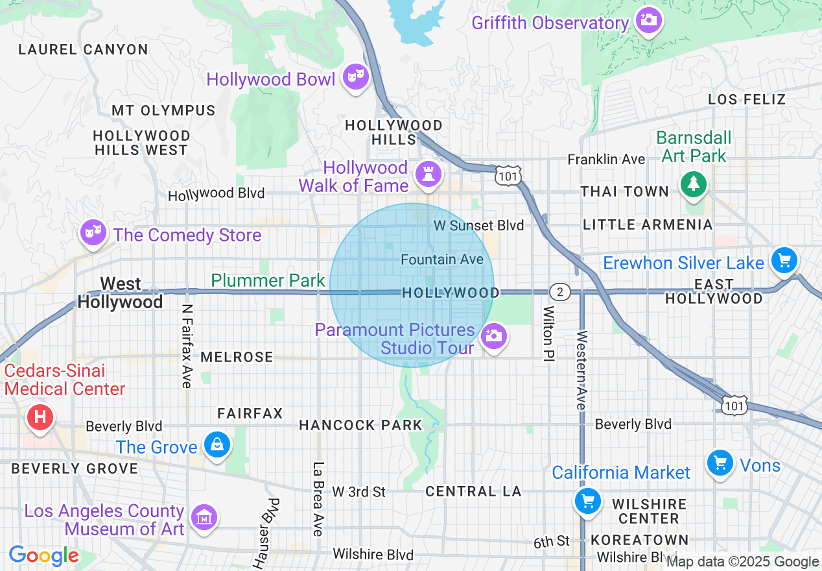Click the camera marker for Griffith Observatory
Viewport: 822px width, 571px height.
coord(648,20)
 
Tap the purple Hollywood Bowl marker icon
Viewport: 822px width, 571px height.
coord(355,77)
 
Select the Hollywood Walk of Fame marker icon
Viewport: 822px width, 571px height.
coord(428,174)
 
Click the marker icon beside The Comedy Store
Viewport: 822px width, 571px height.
coord(93,232)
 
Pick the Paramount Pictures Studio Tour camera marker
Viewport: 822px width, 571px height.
coord(493,336)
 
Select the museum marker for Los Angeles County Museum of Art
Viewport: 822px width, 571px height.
coord(204,518)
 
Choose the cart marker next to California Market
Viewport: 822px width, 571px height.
coord(588,502)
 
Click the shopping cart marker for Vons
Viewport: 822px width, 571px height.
coord(720,463)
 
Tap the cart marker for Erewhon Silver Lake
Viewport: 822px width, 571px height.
coord(784,261)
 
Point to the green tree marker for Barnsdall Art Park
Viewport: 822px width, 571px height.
coord(694,183)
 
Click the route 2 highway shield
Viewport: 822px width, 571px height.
coord(559,292)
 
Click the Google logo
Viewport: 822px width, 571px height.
coord(43,556)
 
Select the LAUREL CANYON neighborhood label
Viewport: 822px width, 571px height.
coord(84,49)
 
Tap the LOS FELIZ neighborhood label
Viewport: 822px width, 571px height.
coord(747,99)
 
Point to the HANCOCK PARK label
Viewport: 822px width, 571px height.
coord(360,426)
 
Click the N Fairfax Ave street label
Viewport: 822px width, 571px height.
coord(187,346)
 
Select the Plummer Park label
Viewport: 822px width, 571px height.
coord(268,280)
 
